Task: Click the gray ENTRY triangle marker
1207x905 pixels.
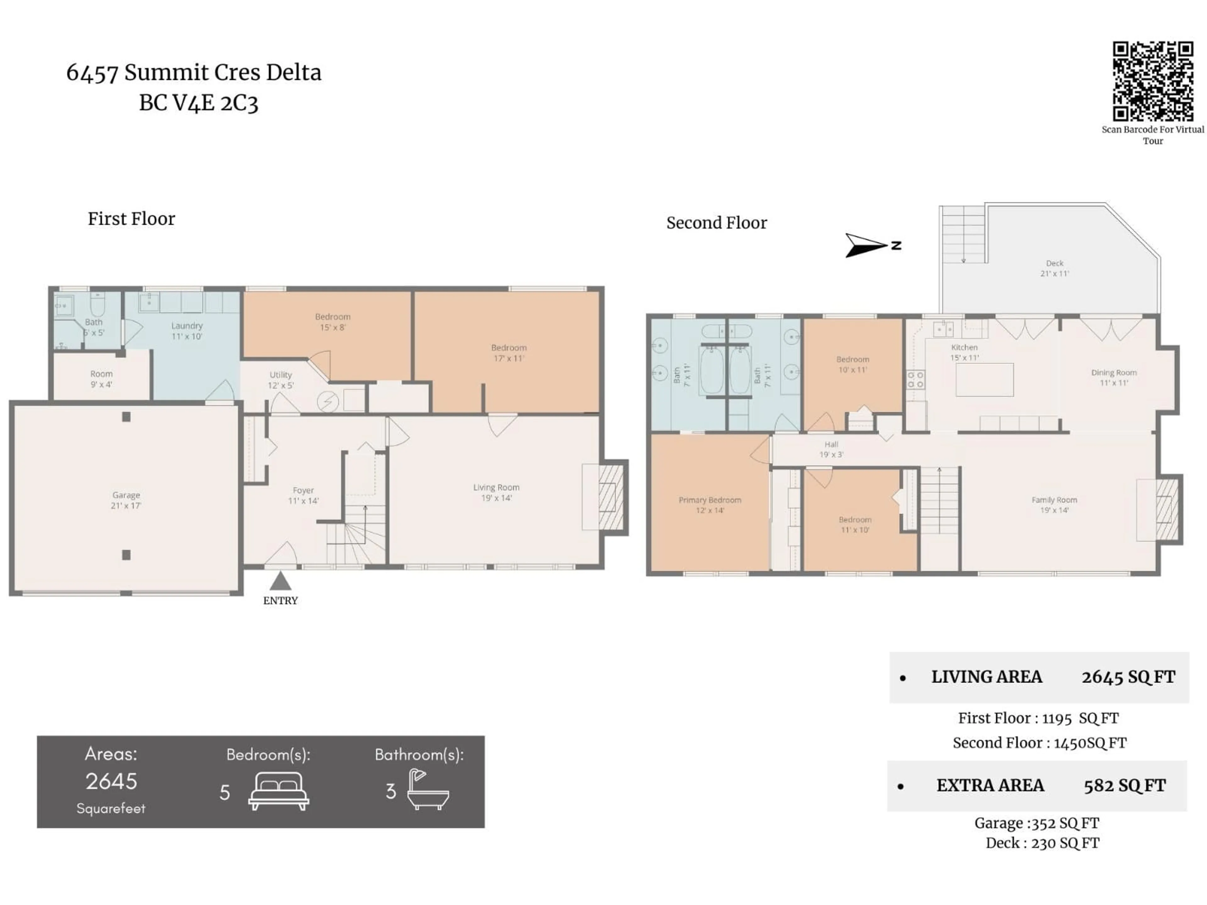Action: click(x=280, y=581)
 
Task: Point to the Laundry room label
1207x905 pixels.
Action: click(x=187, y=331)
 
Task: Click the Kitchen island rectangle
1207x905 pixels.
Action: click(x=984, y=380)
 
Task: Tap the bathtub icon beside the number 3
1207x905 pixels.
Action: click(x=428, y=790)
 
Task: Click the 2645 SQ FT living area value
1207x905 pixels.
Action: click(x=1128, y=677)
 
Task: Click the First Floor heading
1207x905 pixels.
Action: click(x=131, y=219)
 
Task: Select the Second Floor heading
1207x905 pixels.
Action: click(x=716, y=222)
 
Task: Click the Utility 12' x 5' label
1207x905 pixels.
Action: click(x=280, y=380)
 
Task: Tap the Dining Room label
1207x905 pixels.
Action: click(x=1114, y=377)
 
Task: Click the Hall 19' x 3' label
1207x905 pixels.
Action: click(x=831, y=449)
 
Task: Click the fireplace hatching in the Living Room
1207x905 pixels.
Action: click(x=611, y=496)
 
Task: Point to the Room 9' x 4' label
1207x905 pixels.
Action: click(x=102, y=379)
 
